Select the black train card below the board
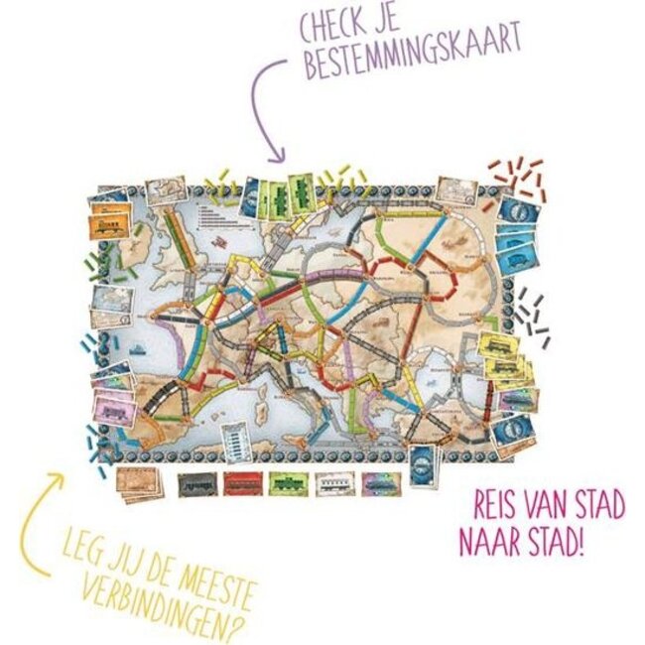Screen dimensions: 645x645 [194, 482]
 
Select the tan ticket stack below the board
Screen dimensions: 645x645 [136, 481]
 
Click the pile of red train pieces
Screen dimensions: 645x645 [517, 178]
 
